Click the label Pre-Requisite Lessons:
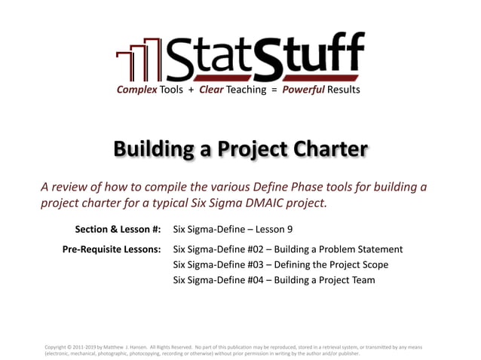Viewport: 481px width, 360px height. click(x=111, y=249)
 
